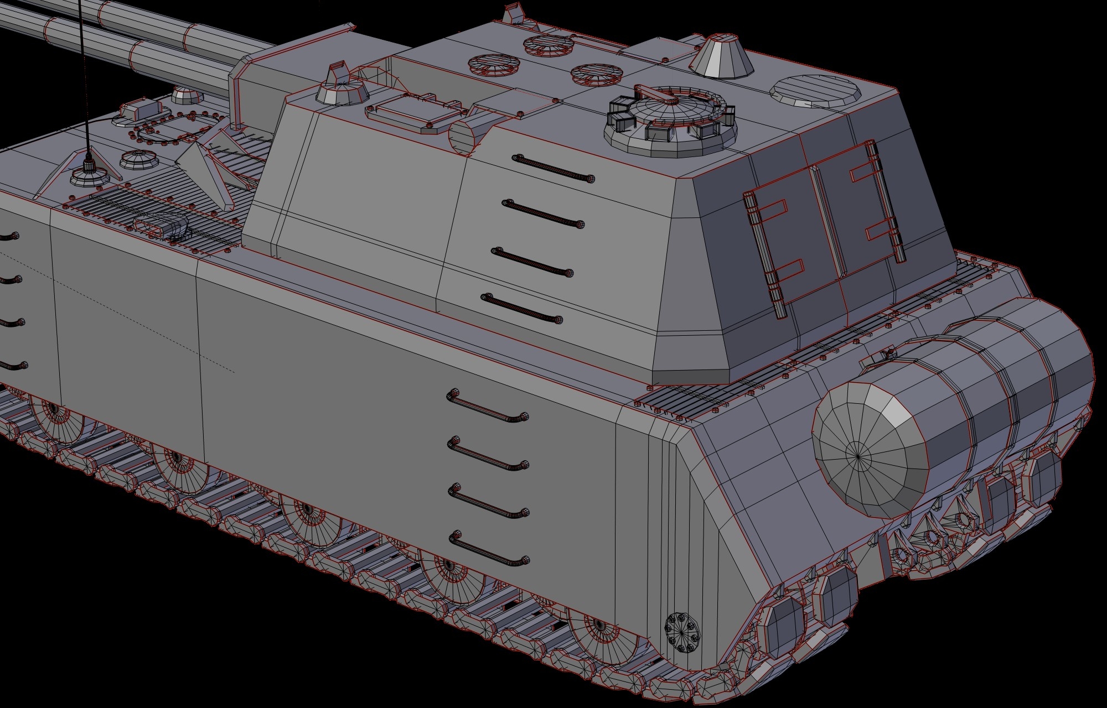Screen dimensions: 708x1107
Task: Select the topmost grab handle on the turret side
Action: click(553, 168)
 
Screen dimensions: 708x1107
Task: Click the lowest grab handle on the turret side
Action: click(523, 309)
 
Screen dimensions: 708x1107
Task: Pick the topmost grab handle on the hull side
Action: click(487, 405)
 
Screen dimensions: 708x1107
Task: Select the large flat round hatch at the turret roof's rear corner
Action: click(816, 91)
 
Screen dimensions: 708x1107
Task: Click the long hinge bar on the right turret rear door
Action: click(886, 202)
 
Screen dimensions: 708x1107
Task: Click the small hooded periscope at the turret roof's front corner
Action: click(340, 88)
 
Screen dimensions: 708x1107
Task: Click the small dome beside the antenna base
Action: click(136, 161)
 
